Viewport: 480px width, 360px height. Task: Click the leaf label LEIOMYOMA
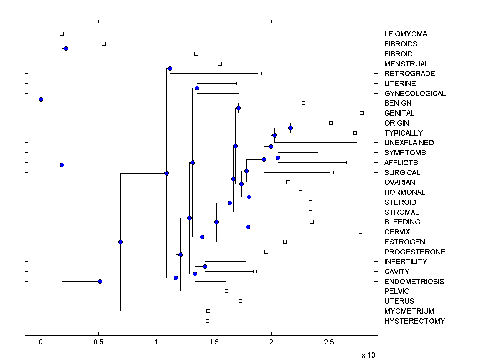click(406, 34)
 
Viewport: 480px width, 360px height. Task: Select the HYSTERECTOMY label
click(414, 321)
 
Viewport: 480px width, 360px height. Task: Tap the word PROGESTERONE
click(415, 252)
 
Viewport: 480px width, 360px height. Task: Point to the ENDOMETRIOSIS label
click(414, 282)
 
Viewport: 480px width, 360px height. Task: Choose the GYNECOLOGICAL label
click(415, 94)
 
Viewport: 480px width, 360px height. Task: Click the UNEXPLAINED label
click(409, 143)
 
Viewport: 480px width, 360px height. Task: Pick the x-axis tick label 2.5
click(329, 343)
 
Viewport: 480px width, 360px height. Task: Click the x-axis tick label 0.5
click(98, 343)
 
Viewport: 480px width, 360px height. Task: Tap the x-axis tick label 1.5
click(214, 343)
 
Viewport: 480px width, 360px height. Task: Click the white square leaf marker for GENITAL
click(362, 113)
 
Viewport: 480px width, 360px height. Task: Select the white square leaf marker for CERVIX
click(360, 232)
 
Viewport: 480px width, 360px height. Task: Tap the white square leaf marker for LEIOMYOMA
click(62, 34)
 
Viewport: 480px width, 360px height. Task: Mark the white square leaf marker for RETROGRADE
click(260, 74)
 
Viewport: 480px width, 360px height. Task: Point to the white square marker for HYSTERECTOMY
click(207, 321)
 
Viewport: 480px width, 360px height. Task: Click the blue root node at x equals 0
click(41, 99)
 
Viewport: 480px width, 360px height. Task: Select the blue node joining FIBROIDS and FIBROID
click(66, 49)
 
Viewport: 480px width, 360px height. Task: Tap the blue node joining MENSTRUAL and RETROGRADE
click(170, 68)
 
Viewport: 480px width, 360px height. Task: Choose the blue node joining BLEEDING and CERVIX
click(248, 227)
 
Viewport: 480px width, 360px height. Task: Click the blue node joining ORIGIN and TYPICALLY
click(290, 128)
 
